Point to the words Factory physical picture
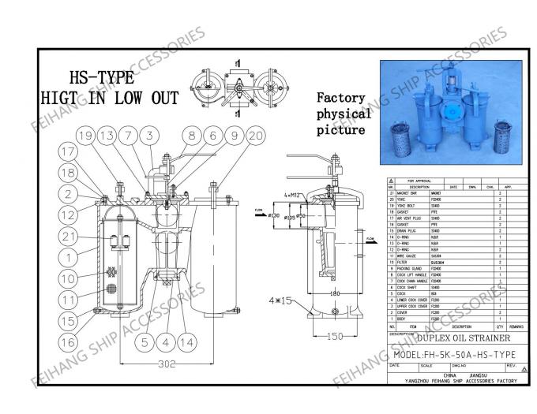343,113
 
